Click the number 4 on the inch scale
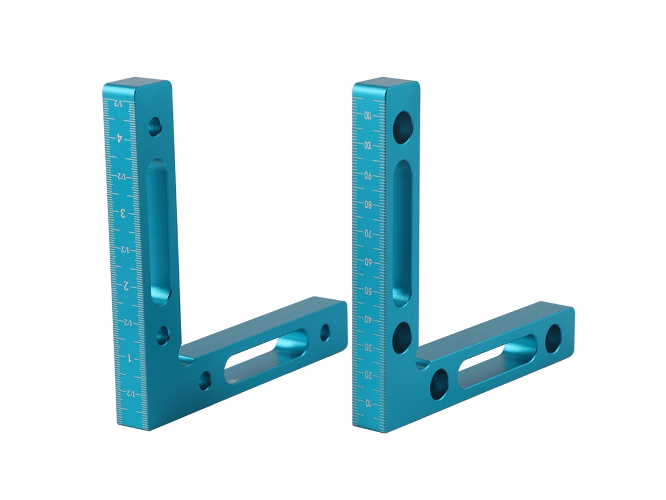click(x=120, y=139)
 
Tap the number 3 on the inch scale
click(x=123, y=213)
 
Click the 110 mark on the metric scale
click(x=368, y=115)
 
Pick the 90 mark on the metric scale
click(x=368, y=175)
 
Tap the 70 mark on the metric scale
click(x=368, y=233)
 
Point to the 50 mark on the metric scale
click(x=368, y=291)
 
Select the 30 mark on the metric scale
click(x=368, y=347)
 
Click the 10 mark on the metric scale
click(x=369, y=402)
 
